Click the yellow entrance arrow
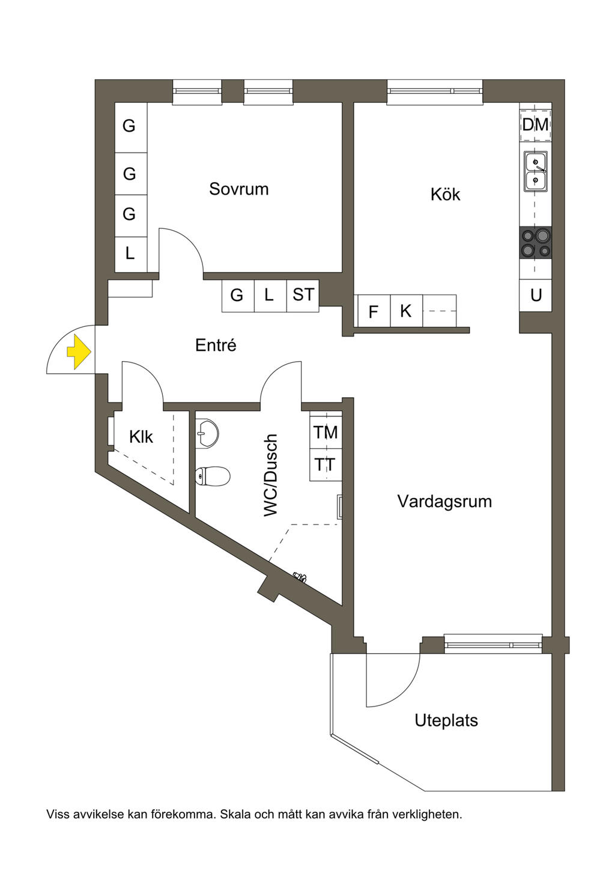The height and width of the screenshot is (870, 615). click(x=79, y=352)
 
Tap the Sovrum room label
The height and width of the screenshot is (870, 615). click(x=238, y=189)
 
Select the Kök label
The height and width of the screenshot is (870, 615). click(x=445, y=195)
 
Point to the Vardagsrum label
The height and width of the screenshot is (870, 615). click(x=444, y=502)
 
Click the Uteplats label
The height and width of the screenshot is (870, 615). click(x=446, y=720)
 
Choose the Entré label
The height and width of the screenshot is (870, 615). click(x=216, y=345)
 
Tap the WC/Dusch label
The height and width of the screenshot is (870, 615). click(x=271, y=475)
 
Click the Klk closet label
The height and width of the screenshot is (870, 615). click(x=141, y=437)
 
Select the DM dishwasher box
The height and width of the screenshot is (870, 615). click(x=535, y=125)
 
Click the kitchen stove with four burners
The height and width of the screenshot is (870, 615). click(x=535, y=243)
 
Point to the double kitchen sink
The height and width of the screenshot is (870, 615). click(x=535, y=171)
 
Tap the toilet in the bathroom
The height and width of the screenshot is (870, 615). click(x=213, y=476)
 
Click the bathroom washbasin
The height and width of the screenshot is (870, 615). click(x=207, y=433)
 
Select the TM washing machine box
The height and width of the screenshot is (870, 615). click(x=326, y=432)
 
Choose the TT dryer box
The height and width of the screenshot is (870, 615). click(x=326, y=464)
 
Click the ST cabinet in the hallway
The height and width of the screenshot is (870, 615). click(x=303, y=295)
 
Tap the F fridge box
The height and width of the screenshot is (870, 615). click(x=373, y=311)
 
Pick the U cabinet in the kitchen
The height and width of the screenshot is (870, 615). click(x=536, y=295)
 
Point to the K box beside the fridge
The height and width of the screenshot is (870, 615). click(x=406, y=311)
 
